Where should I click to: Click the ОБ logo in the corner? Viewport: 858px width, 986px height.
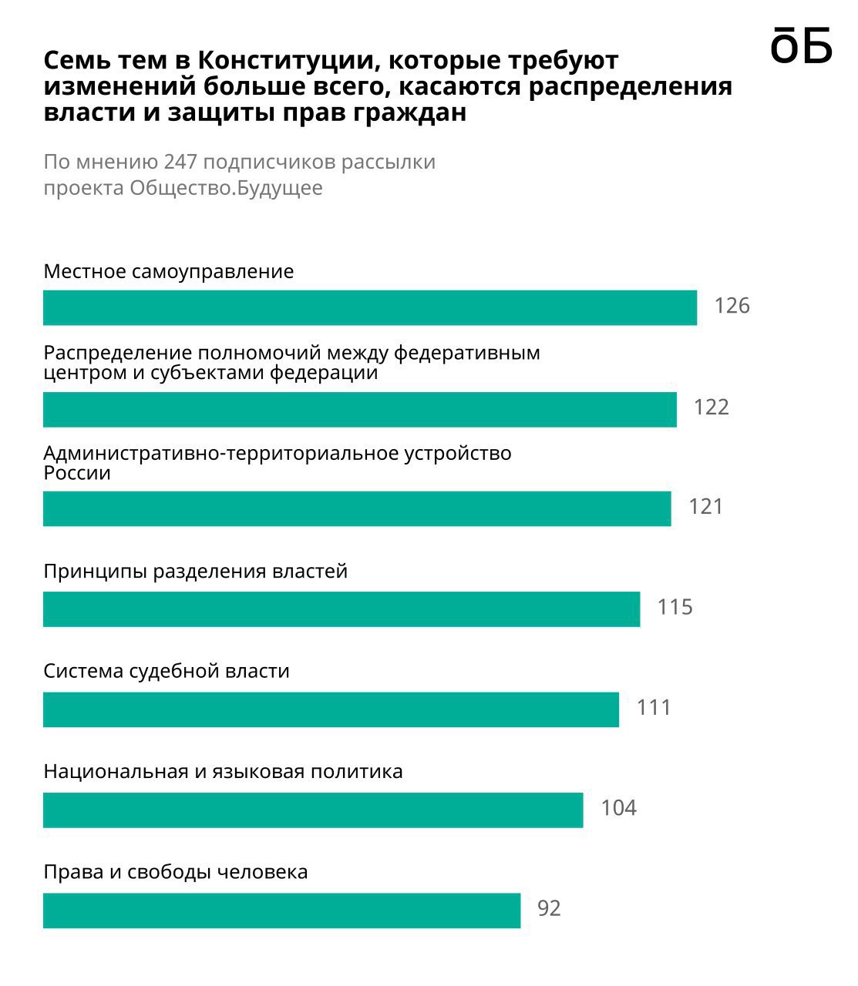pos(801,45)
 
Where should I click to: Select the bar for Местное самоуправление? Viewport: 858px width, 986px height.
pos(370,307)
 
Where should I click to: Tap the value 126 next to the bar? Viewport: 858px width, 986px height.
pos(732,307)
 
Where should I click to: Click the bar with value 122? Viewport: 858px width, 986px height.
pos(359,409)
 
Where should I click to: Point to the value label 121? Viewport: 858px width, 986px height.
pos(705,507)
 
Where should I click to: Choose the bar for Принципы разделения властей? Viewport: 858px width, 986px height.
pos(341,609)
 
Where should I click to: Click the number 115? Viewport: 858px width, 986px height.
pos(675,608)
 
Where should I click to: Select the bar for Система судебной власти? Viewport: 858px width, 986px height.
pos(331,709)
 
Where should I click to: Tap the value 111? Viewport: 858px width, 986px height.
pos(654,708)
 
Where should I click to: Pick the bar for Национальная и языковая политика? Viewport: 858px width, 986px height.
pos(313,810)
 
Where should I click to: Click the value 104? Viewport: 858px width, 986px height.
pos(618,808)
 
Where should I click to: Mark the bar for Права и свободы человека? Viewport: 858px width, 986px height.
pos(281,910)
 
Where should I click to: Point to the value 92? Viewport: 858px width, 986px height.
pos(549,909)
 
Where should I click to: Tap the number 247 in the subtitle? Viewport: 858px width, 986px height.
pos(181,163)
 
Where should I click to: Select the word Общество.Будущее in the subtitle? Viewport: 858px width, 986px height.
pos(226,188)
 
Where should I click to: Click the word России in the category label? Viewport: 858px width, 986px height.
pos(77,473)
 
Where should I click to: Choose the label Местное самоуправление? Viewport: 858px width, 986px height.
pos(169,272)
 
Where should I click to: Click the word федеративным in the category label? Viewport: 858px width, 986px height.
pos(467,354)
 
